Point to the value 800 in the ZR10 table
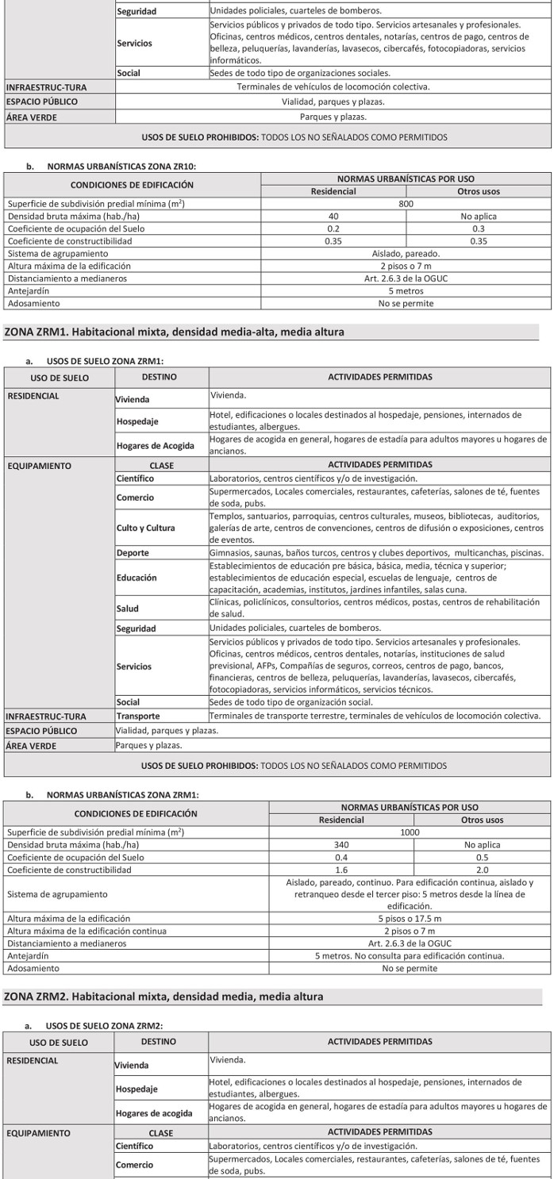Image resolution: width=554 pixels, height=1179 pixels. (x=406, y=204)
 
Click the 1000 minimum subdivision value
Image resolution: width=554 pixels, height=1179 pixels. (x=410, y=832)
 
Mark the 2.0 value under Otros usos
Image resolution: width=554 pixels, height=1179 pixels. (x=482, y=870)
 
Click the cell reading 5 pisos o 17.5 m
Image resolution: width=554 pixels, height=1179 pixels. (x=410, y=919)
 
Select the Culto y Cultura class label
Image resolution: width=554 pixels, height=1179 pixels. (x=146, y=528)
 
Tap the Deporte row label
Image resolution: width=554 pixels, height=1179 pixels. (x=133, y=553)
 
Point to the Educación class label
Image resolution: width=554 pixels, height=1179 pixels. (x=136, y=578)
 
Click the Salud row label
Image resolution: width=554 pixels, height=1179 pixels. (x=128, y=609)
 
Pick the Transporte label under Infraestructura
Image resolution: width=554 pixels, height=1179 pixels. (x=138, y=716)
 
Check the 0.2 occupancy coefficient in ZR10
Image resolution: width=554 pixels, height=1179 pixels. (x=333, y=229)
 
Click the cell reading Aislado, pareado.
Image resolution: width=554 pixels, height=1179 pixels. (x=406, y=253)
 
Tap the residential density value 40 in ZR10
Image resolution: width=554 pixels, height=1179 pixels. (x=333, y=216)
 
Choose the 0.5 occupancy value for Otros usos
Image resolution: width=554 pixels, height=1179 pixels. (x=482, y=857)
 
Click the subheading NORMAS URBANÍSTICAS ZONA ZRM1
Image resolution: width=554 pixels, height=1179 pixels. (x=122, y=795)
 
